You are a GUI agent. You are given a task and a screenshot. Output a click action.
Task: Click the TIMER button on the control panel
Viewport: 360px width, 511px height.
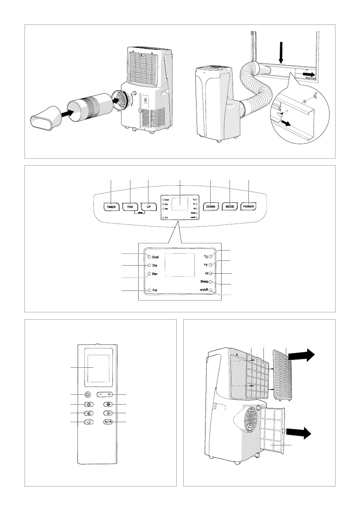[x=111, y=206]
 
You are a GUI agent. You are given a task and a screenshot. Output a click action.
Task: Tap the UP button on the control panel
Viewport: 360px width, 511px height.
[x=148, y=206]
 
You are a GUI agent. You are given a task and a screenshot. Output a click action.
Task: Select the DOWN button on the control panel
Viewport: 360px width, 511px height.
[x=211, y=206]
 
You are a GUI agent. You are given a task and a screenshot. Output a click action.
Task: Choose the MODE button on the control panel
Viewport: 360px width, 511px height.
[x=230, y=206]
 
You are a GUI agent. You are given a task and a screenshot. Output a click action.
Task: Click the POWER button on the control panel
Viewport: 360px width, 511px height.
[x=249, y=206]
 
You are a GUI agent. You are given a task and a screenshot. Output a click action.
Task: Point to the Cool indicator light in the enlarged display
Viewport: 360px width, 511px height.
[x=149, y=257]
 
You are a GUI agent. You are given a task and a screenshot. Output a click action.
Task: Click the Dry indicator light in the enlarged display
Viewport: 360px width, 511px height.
[x=149, y=266]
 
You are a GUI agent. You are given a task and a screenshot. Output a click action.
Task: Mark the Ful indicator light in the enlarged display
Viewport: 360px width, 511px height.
[x=149, y=290]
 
